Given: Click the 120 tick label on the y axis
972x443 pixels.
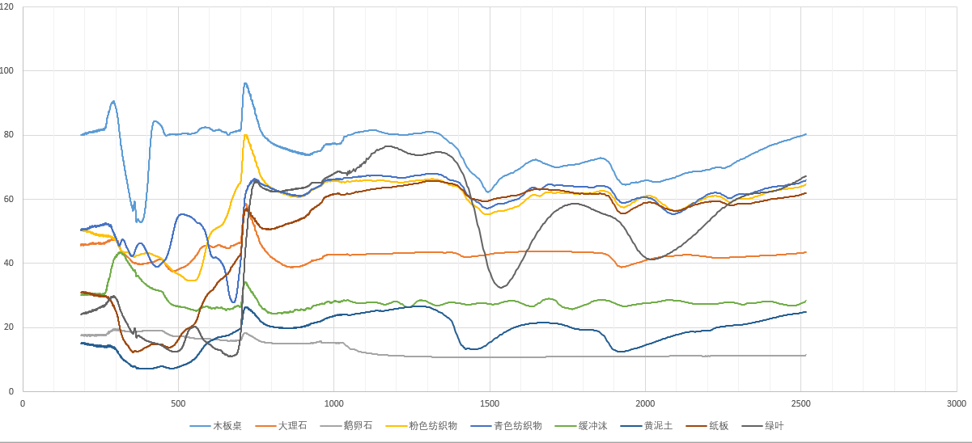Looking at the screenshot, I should (x=11, y=6).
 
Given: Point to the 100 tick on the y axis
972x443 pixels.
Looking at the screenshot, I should (x=11, y=70).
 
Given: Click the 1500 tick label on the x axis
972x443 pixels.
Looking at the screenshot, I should (x=489, y=403).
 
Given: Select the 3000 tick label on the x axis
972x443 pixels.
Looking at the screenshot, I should (x=956, y=403).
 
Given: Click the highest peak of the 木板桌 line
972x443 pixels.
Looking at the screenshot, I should (x=245, y=82).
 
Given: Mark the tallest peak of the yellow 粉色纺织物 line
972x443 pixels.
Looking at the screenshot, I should (x=245, y=135).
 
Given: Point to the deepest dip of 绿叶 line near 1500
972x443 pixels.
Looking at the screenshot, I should (x=502, y=287).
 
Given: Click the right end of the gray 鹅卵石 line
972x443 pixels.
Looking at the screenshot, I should (x=806, y=355).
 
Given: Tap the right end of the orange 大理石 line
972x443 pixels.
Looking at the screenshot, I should (x=806, y=252).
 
